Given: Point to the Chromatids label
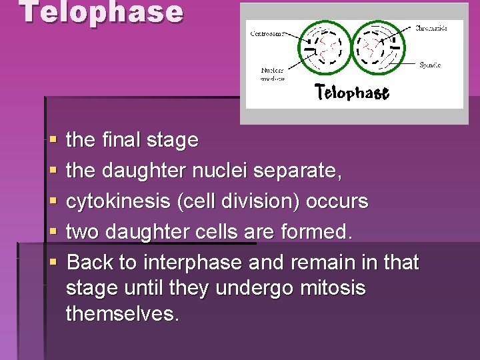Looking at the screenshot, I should point(431,28).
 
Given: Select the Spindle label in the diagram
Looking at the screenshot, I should point(429,65).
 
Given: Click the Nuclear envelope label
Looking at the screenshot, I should point(273,74).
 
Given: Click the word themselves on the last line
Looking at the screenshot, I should point(122,313).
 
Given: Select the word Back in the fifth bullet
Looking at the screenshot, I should point(91,263).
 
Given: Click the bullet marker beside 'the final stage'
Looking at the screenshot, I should point(53,141).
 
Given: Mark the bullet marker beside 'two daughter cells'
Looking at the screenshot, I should point(53,233).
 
